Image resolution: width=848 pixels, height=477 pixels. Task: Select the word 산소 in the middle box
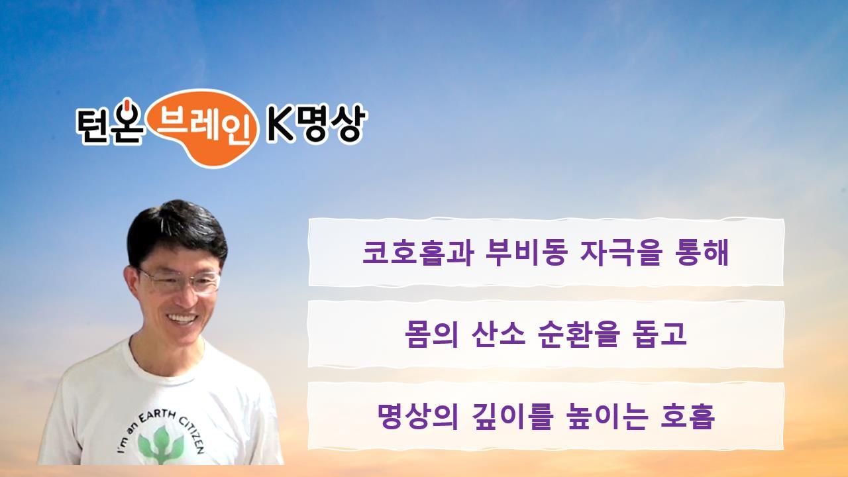(499, 335)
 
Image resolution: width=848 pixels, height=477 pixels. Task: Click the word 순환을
(579, 335)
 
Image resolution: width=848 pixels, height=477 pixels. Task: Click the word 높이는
(608, 417)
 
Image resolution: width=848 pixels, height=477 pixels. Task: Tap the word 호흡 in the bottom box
(688, 417)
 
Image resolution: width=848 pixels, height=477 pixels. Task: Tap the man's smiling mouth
(182, 318)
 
